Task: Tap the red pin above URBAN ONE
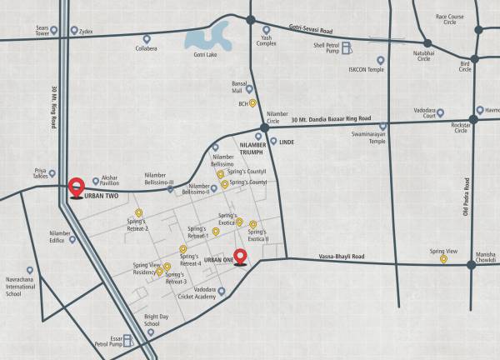click(241, 257)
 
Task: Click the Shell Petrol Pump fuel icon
click(346, 47)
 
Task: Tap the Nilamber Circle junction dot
click(264, 127)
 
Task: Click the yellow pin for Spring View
click(443, 259)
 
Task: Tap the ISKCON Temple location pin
click(381, 60)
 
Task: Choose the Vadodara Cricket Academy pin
click(222, 292)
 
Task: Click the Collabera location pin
click(147, 38)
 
